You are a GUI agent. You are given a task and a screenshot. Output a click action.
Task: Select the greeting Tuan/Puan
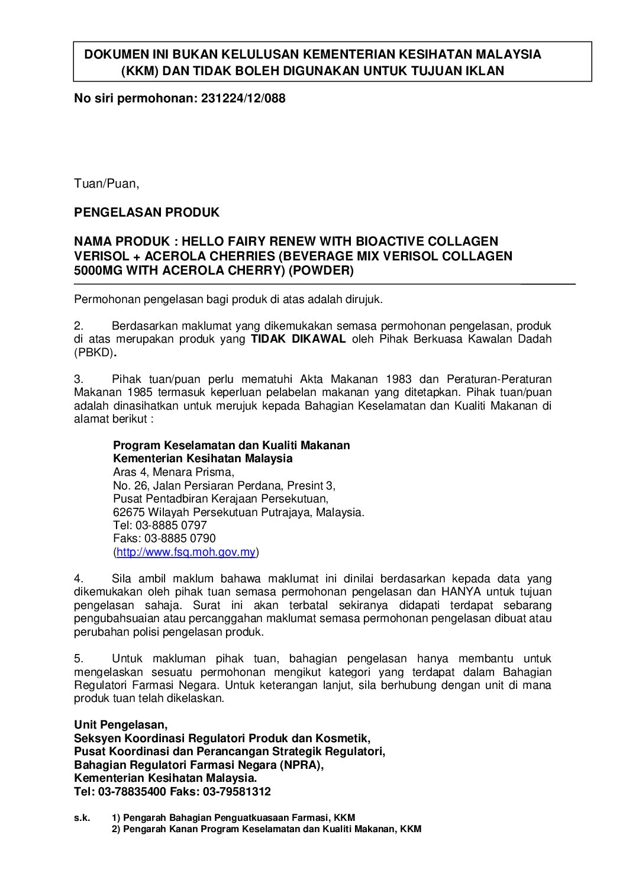point(107,183)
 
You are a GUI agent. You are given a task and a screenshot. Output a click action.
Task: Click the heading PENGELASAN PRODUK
point(147,212)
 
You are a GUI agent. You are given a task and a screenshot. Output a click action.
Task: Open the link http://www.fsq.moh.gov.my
point(186,552)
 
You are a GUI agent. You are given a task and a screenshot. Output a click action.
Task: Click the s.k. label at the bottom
point(82,817)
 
